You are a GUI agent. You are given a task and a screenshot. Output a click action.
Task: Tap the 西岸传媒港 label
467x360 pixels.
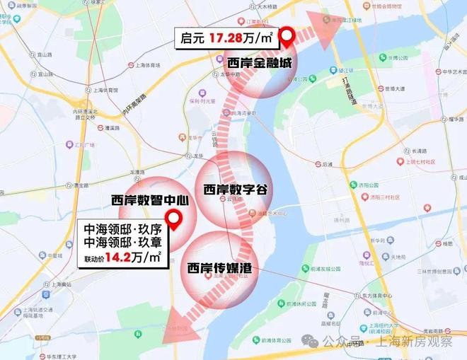[x=220, y=268]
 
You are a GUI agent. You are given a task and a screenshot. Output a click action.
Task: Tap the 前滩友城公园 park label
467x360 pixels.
[x=325, y=269]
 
